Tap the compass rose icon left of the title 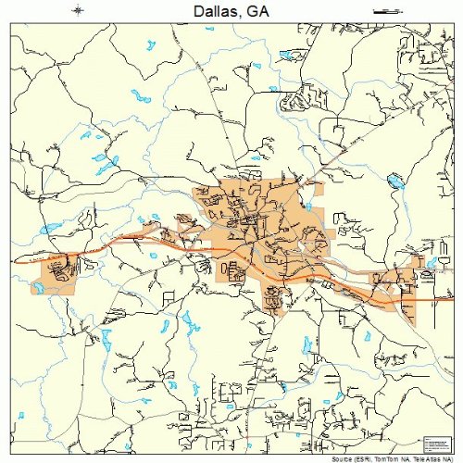(x=81, y=10)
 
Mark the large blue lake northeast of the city (x=396, y=182)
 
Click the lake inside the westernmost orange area (x=41, y=288)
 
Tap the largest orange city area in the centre (x=259, y=231)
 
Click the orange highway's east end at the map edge (x=450, y=301)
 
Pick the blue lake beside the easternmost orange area (x=429, y=264)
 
